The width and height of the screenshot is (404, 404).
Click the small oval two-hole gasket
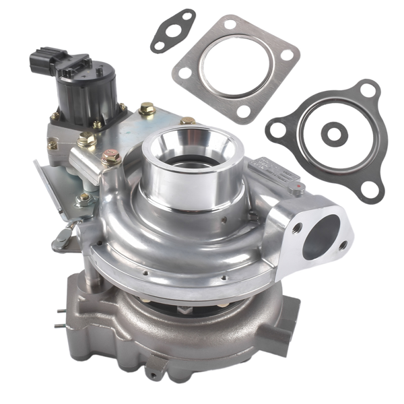[172, 30]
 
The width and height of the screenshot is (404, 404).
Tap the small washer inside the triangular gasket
[331, 133]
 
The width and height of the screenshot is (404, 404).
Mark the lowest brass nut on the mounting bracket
[83, 199]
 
